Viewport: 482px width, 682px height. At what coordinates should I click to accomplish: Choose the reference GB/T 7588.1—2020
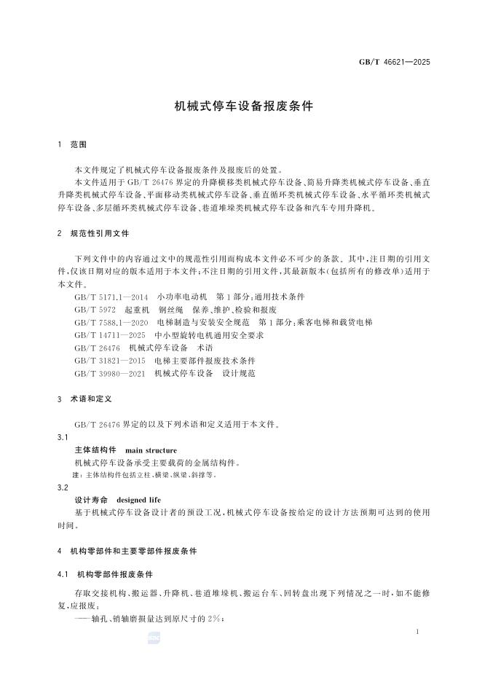(x=111, y=322)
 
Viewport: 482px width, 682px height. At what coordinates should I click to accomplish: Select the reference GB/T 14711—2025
(x=110, y=334)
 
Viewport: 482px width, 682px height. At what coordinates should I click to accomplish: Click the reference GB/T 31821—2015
(x=110, y=361)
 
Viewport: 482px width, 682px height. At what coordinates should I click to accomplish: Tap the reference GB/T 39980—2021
(x=110, y=373)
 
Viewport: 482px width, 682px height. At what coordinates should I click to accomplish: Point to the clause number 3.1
(x=63, y=437)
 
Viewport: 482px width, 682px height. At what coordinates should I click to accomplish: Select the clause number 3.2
(x=63, y=487)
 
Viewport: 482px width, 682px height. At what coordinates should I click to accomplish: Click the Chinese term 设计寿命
(x=91, y=501)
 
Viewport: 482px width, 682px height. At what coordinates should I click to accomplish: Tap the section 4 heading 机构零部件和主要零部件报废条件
(x=138, y=551)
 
